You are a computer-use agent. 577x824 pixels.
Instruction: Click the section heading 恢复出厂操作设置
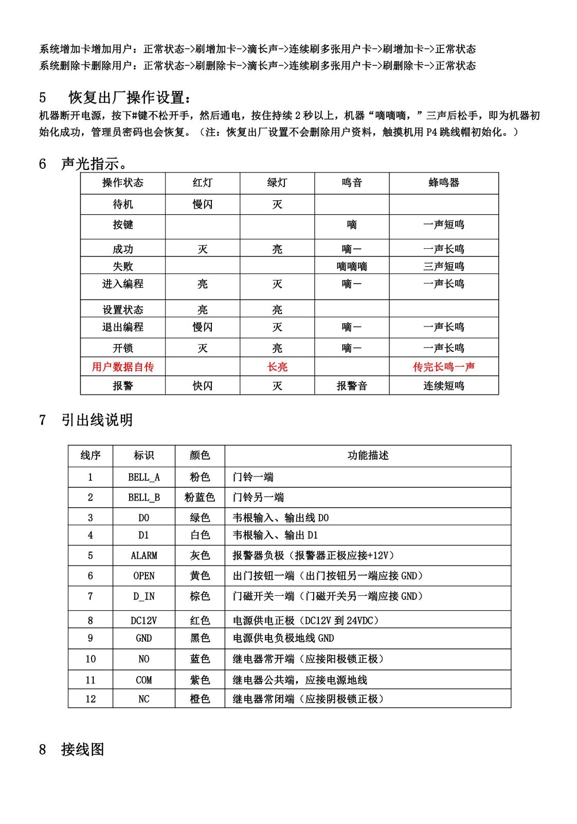pyautogui.click(x=131, y=97)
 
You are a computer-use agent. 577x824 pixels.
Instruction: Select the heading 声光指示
pyautogui.click(x=94, y=164)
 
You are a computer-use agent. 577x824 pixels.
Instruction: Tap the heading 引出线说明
pyautogui.click(x=97, y=420)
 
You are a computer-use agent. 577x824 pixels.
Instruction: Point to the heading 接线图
pyautogui.click(x=82, y=749)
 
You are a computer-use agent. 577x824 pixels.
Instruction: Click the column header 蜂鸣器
pyautogui.click(x=443, y=183)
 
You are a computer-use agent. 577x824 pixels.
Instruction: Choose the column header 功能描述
pyautogui.click(x=368, y=455)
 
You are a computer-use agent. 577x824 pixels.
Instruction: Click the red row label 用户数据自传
pyautogui.click(x=122, y=367)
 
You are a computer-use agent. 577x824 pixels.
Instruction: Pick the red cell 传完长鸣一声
pyautogui.click(x=443, y=367)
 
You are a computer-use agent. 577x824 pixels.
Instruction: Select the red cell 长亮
pyautogui.click(x=277, y=367)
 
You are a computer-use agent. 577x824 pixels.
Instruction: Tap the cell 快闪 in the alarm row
pyautogui.click(x=202, y=386)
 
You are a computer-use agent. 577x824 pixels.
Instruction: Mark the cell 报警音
pyautogui.click(x=352, y=386)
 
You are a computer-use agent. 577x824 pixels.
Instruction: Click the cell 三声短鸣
pyautogui.click(x=443, y=266)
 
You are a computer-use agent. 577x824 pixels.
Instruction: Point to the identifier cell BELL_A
pyautogui.click(x=143, y=477)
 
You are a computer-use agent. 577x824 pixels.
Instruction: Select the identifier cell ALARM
pyautogui.click(x=143, y=556)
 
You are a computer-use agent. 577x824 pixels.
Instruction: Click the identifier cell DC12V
pyautogui.click(x=143, y=621)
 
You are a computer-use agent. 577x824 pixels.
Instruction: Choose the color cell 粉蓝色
pyautogui.click(x=200, y=497)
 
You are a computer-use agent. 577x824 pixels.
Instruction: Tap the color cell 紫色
pyautogui.click(x=200, y=680)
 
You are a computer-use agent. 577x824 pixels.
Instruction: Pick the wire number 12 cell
pyautogui.click(x=91, y=699)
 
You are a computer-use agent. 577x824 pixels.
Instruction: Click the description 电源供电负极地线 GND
pyautogui.click(x=283, y=639)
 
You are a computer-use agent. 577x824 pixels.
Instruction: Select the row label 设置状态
pyautogui.click(x=122, y=310)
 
